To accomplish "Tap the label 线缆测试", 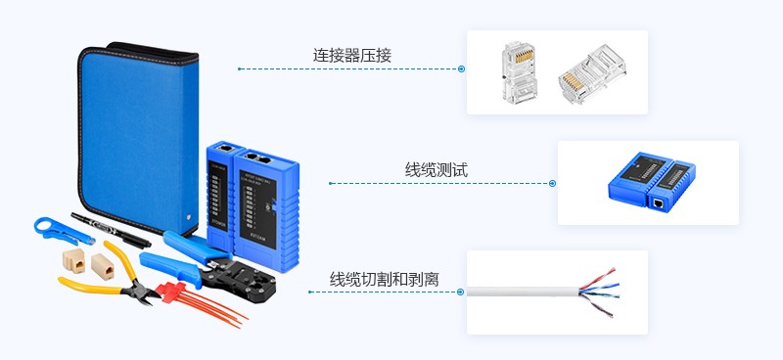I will (x=437, y=170).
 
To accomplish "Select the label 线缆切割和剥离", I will (x=384, y=279).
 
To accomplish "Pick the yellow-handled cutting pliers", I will (x=103, y=285).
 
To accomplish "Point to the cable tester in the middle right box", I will (x=647, y=182).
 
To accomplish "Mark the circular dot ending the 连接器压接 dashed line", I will (x=460, y=68).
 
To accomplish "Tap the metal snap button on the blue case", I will (x=188, y=207).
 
